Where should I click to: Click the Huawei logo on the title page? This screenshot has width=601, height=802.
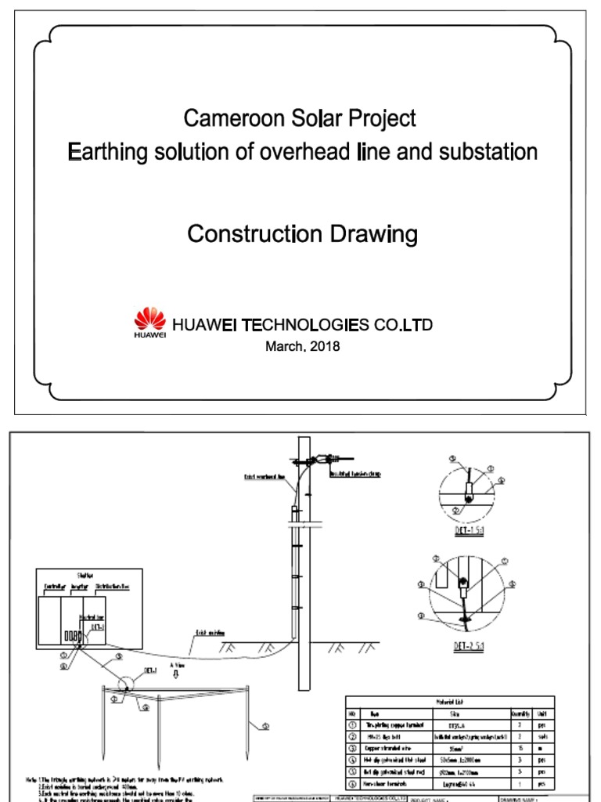[150, 323]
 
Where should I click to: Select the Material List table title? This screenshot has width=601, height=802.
[449, 703]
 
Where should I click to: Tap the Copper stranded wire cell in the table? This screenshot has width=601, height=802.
[389, 749]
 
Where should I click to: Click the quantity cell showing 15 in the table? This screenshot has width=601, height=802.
[520, 749]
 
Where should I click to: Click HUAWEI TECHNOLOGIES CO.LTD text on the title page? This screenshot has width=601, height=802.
[302, 324]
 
